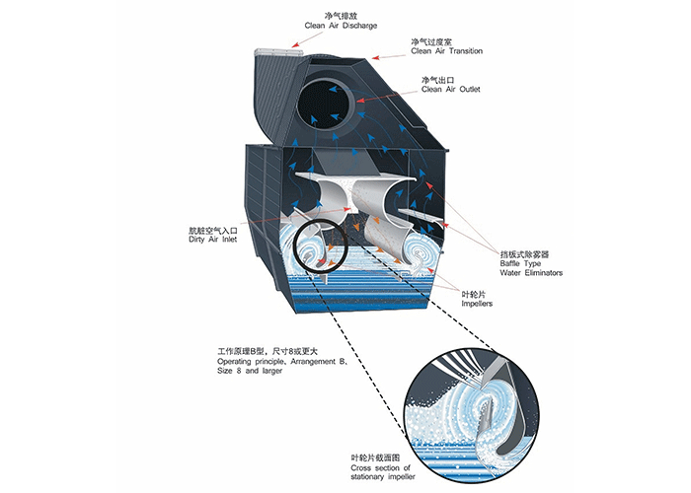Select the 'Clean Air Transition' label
pyautogui.click(x=445, y=51)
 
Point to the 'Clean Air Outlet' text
pyautogui.click(x=450, y=89)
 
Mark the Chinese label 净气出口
pyautogui.click(x=436, y=79)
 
